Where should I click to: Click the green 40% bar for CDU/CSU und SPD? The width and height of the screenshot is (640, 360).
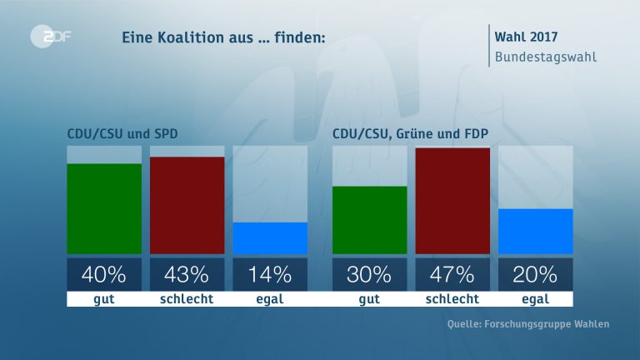[x=104, y=208]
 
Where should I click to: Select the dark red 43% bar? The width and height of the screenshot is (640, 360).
[x=187, y=205]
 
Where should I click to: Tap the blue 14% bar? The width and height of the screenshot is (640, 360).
[x=270, y=237]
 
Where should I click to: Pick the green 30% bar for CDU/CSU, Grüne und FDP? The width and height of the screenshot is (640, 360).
[x=369, y=219]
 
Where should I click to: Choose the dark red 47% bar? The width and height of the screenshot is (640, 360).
[x=452, y=200]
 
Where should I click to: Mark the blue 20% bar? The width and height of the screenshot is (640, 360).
[x=535, y=231]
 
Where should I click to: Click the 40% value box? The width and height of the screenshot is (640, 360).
[x=104, y=273]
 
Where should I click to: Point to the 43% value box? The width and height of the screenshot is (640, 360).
[x=187, y=273]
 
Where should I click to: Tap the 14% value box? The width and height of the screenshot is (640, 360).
[x=270, y=273]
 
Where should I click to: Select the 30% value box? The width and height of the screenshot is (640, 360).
[x=369, y=273]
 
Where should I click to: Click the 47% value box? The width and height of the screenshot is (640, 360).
[x=452, y=273]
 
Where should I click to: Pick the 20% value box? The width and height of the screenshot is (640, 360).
[x=535, y=273]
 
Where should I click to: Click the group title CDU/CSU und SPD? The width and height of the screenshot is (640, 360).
[x=122, y=133]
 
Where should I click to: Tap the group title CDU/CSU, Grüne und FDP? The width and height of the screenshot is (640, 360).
[x=409, y=133]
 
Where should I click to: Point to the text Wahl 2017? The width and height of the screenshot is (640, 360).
[x=526, y=37]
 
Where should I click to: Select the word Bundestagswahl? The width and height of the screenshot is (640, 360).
[x=545, y=57]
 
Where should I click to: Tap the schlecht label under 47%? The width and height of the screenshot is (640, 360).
[x=452, y=299]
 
